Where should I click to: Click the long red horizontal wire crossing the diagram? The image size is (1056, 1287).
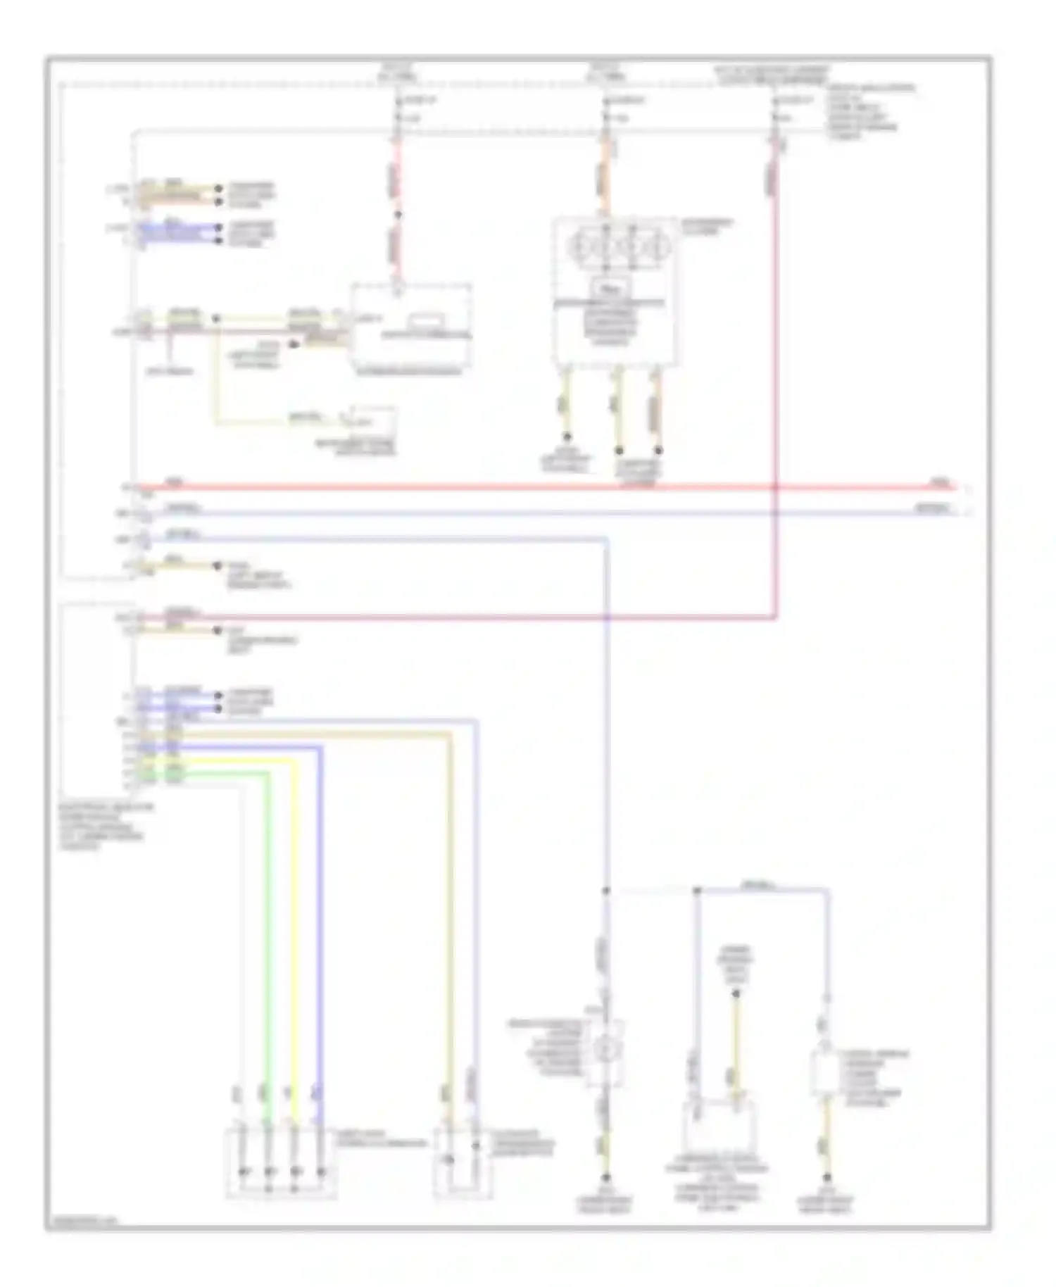tap(493, 486)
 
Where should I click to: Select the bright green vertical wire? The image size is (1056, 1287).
tap(268, 915)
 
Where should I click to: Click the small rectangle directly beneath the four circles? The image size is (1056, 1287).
tap(611, 288)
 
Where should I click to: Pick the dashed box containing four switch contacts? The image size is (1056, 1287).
tap(281, 1163)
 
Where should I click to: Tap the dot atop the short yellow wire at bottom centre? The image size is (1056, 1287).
tap(736, 994)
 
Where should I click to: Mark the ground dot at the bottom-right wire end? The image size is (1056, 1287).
tap(827, 1177)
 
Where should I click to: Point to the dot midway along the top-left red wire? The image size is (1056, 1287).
tap(397, 215)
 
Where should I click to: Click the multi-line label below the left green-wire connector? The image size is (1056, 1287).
tap(106, 827)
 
